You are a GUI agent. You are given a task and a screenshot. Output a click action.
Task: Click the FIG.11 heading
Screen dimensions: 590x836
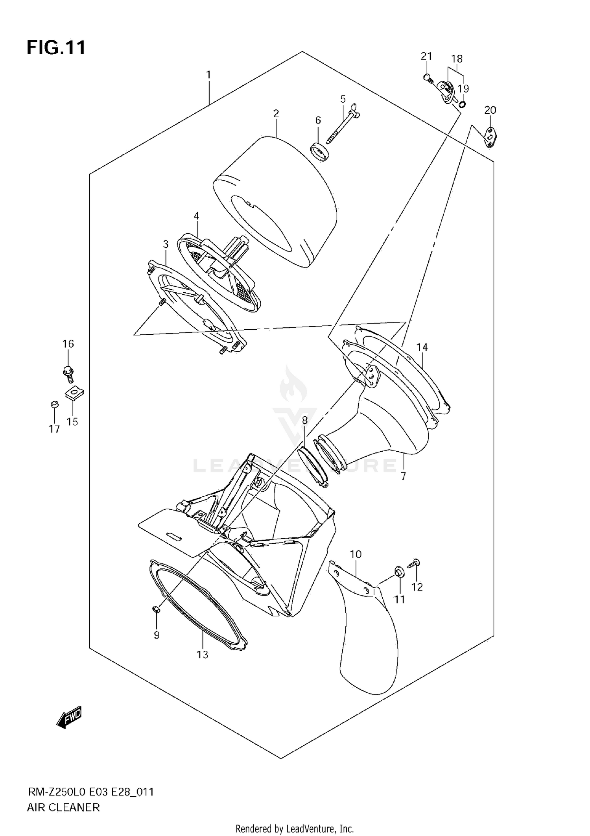tap(56, 48)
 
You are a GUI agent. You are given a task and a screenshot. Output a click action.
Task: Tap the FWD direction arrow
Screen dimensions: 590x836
tap(69, 718)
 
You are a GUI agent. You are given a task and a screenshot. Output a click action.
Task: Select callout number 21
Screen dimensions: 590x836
tap(426, 56)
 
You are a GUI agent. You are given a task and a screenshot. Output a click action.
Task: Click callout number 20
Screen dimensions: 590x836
tap(490, 110)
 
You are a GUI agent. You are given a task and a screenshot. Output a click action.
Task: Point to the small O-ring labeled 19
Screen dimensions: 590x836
tap(463, 104)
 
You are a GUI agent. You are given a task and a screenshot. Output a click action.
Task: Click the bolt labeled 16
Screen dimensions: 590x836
tap(69, 374)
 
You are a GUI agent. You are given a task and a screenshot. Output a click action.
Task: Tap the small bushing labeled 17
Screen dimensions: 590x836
tap(54, 404)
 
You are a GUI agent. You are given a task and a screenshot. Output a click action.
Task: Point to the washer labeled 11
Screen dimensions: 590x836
tap(398, 572)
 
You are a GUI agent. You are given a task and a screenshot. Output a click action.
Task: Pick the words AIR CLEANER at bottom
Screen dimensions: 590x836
tap(63, 807)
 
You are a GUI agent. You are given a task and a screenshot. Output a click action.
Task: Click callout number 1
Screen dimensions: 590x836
tap(208, 74)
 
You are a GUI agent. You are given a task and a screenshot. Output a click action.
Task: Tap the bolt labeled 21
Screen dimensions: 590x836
tap(428, 79)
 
